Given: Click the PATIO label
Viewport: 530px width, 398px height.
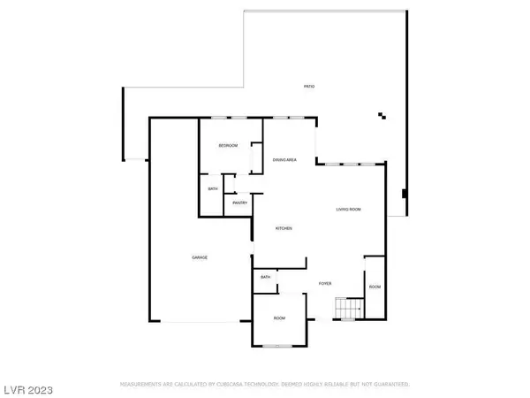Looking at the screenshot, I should tap(309, 87).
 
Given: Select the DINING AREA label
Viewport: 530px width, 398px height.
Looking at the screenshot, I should tap(284, 159).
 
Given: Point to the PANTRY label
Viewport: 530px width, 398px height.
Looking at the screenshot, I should tap(239, 203).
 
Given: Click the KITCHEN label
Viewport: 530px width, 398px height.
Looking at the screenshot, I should tap(284, 228).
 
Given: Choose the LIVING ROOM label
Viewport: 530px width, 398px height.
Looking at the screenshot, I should tap(349, 210).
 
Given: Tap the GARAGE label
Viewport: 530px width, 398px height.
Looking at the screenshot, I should tap(200, 257).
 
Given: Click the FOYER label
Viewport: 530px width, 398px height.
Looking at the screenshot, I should tap(325, 283).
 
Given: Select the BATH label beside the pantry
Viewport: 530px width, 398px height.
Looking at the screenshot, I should tap(213, 188).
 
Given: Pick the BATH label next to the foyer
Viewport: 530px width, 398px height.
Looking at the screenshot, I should tap(265, 278).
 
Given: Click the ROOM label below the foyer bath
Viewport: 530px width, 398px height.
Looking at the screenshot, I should tap(279, 318).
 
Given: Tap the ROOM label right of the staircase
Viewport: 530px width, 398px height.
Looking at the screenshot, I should tap(375, 287).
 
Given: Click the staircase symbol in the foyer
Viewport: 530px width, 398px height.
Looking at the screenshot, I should tap(346, 309).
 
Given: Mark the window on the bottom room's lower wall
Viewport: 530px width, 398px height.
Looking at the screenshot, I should tap(279, 347).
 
